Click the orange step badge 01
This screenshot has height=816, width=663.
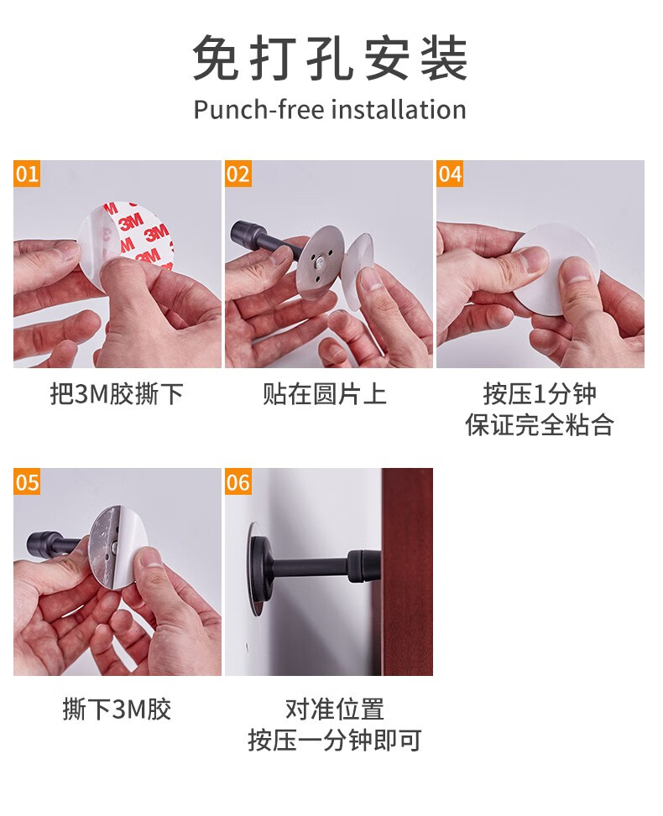pyautogui.click(x=27, y=174)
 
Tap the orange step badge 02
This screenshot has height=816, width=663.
pyautogui.click(x=238, y=174)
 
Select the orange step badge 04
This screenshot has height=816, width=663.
pyautogui.click(x=450, y=174)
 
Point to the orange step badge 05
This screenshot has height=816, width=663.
pyautogui.click(x=27, y=481)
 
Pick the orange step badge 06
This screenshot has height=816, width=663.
pyautogui.click(x=238, y=481)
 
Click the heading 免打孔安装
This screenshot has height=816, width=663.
pyautogui.click(x=330, y=59)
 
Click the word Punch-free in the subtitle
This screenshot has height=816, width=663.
pyautogui.click(x=258, y=110)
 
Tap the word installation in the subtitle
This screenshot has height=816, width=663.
pyautogui.click(x=399, y=110)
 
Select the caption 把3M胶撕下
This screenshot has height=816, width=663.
pyautogui.click(x=117, y=394)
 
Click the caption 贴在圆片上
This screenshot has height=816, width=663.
pyautogui.click(x=325, y=394)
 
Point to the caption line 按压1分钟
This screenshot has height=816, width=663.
pyautogui.click(x=540, y=394)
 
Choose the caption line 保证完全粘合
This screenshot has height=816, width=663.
pyautogui.click(x=540, y=424)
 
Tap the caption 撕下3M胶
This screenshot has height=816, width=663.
pyautogui.click(x=117, y=709)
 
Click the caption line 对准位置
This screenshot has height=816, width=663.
pyautogui.click(x=334, y=709)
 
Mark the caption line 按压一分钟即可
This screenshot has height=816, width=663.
pyautogui.click(x=334, y=740)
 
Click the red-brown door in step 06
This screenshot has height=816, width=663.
pyautogui.click(x=407, y=571)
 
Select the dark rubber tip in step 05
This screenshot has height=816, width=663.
pyautogui.click(x=40, y=543)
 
